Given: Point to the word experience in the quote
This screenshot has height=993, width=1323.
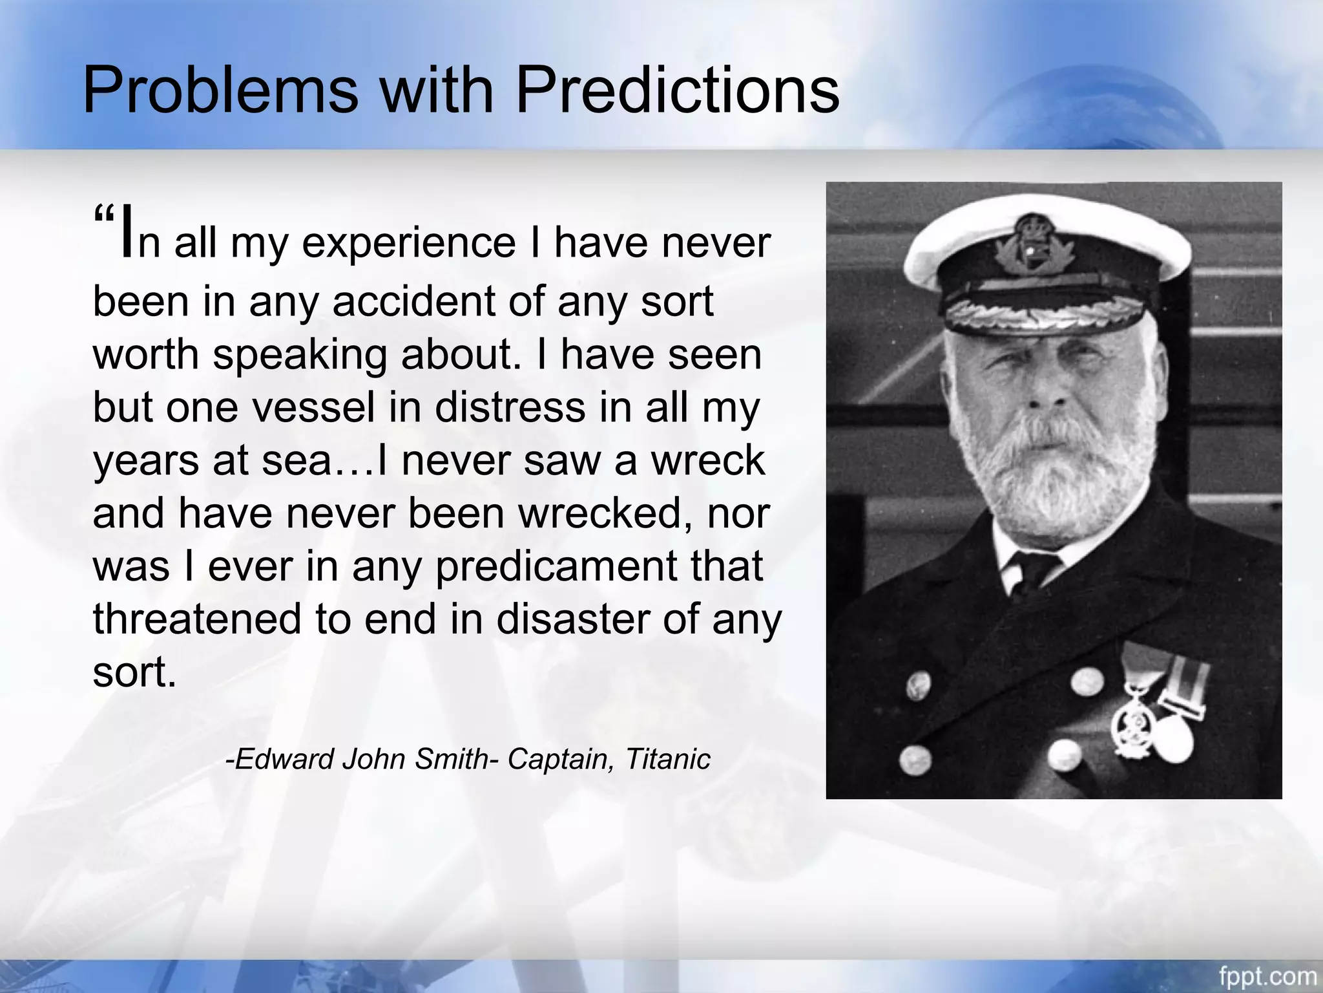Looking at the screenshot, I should click(x=408, y=244).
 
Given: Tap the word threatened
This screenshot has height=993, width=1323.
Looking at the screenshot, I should click(x=197, y=619).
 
